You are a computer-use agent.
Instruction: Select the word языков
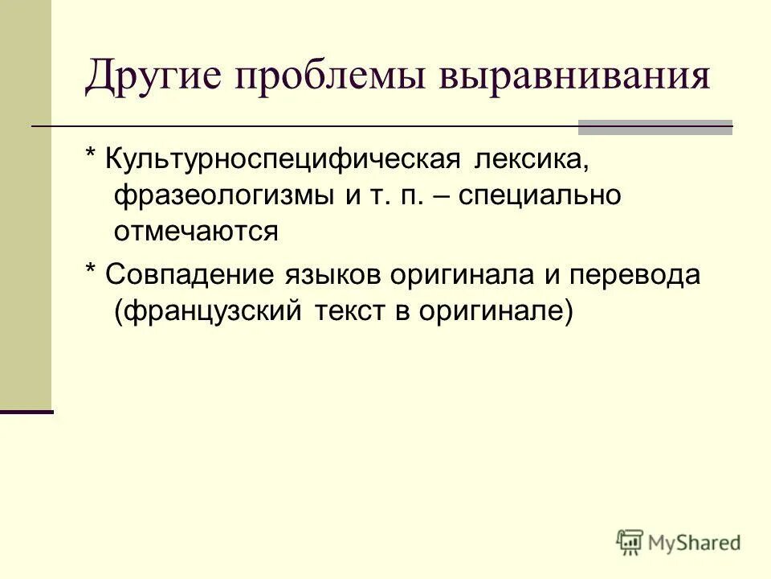click(x=332, y=275)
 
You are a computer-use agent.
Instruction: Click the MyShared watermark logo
click(x=679, y=543)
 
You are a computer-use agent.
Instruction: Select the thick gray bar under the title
click(x=655, y=126)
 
